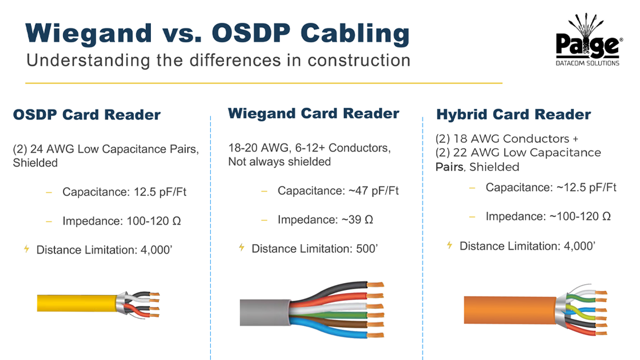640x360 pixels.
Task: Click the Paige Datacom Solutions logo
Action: tap(589, 40)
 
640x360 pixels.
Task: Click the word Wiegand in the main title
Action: tap(89, 34)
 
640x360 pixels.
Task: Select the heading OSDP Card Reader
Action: tap(87, 115)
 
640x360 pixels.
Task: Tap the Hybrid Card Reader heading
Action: tap(514, 115)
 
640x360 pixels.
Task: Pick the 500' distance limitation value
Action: tap(367, 249)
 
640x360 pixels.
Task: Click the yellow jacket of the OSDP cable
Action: tap(77, 303)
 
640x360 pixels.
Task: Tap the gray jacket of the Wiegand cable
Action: tap(265, 313)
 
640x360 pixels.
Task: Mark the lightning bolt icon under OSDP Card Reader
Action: tap(27, 249)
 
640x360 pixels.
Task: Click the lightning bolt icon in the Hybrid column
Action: tap(450, 245)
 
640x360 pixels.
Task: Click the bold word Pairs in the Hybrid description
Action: tap(449, 167)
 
